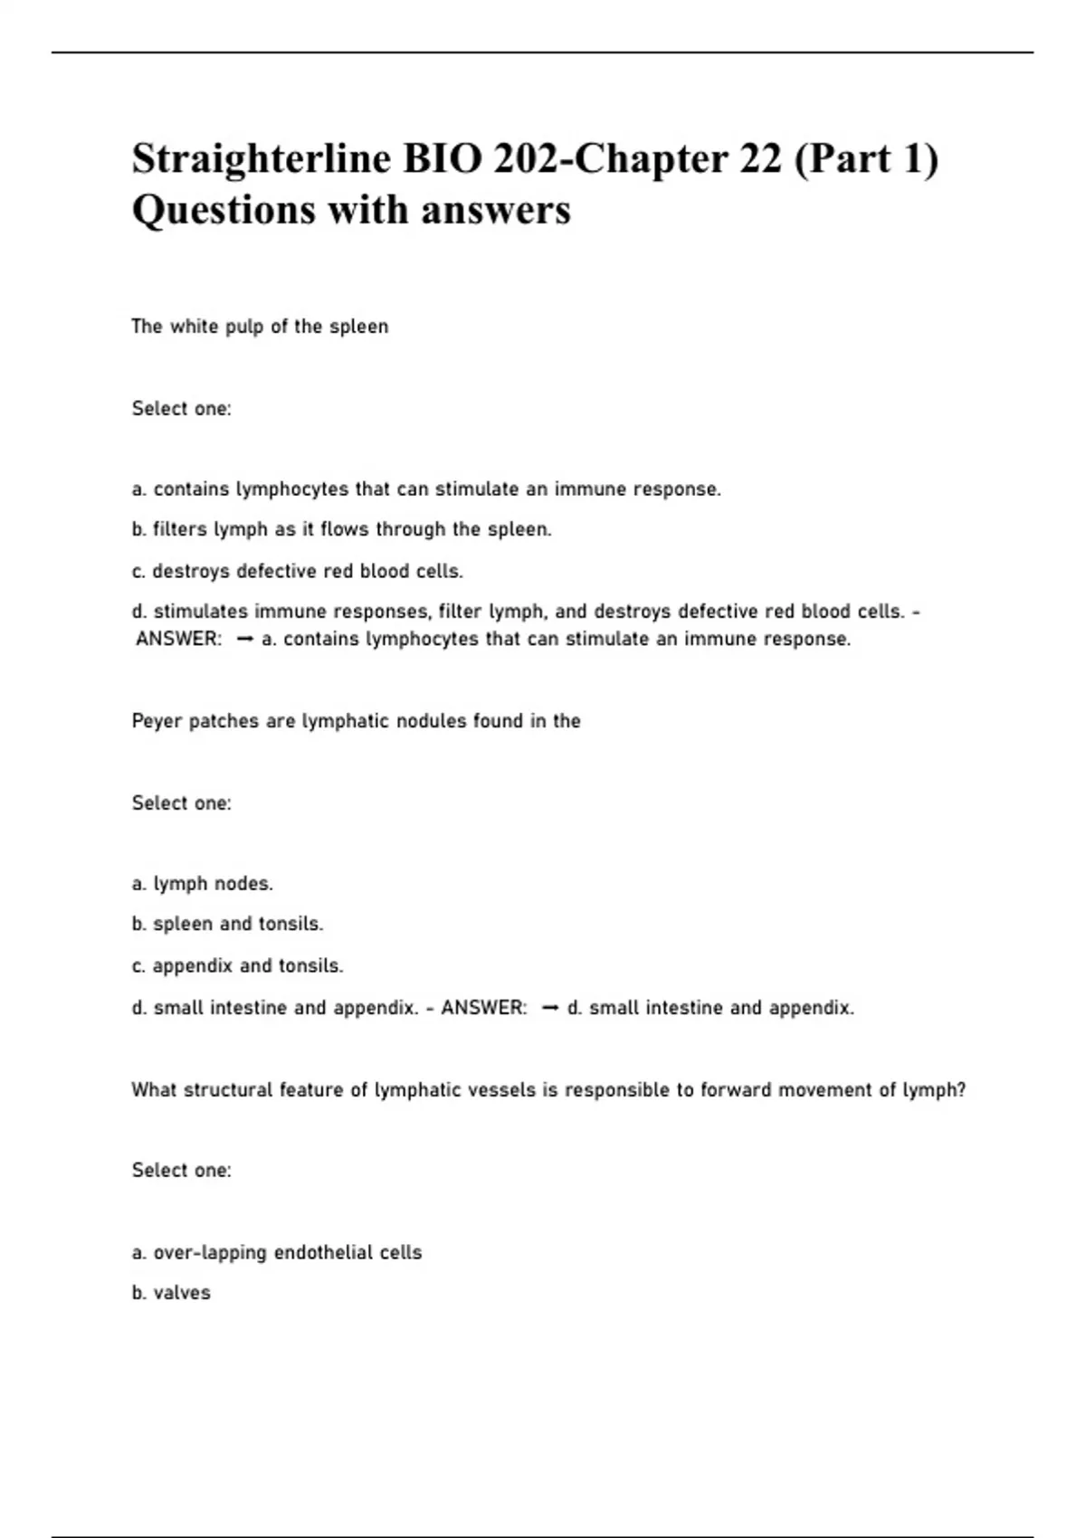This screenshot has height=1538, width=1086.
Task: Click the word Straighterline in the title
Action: pyautogui.click(x=262, y=160)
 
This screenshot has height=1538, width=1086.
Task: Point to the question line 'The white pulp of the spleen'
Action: pyautogui.click(x=260, y=327)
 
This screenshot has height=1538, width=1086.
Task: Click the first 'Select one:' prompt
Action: pyautogui.click(x=181, y=409)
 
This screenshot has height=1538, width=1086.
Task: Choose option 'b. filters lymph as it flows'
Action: pyautogui.click(x=341, y=529)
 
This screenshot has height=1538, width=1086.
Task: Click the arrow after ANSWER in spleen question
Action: pyautogui.click(x=243, y=640)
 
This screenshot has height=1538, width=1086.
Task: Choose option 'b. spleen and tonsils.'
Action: pyautogui.click(x=227, y=924)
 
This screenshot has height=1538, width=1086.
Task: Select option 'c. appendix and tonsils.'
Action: pyautogui.click(x=237, y=965)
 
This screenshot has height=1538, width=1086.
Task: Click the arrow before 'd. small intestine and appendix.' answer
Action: pyautogui.click(x=548, y=1008)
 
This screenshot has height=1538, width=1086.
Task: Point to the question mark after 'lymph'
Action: pyautogui.click(x=961, y=1090)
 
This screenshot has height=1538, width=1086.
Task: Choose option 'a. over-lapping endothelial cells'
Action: pyautogui.click(x=277, y=1253)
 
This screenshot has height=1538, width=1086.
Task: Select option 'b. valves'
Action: pyautogui.click(x=171, y=1293)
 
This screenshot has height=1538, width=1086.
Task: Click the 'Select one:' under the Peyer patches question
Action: pyautogui.click(x=181, y=803)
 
